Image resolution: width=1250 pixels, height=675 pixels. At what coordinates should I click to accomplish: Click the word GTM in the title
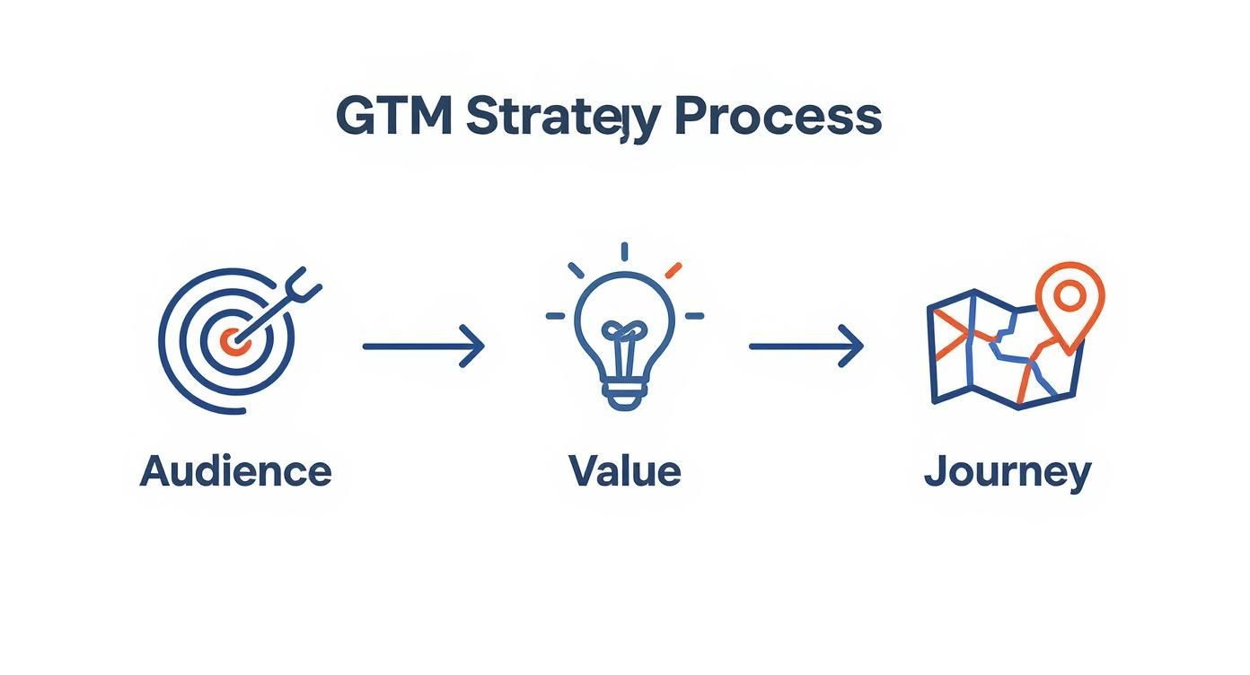coord(392,117)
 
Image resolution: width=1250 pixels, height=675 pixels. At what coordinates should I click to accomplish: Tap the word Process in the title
coord(778,117)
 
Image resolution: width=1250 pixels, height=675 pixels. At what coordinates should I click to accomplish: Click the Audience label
coord(235,470)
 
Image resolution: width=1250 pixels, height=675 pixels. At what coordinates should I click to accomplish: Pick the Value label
coord(625,470)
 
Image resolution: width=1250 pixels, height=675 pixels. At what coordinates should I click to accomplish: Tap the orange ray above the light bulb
coord(673,269)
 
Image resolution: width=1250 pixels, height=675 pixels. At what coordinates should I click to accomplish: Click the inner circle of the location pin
coord(1069,293)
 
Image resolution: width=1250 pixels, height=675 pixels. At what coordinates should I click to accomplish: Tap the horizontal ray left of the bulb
coord(556,316)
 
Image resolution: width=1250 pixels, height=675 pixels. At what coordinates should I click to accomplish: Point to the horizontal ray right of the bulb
coord(694,316)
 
